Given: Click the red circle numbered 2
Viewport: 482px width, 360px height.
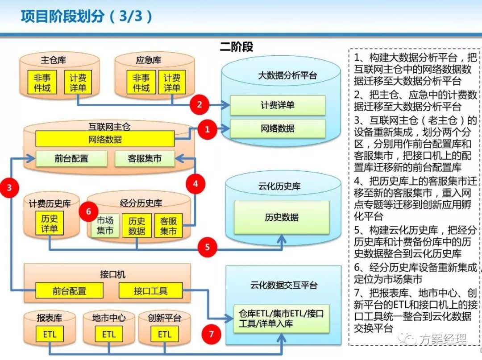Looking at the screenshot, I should pyautogui.click(x=199, y=105).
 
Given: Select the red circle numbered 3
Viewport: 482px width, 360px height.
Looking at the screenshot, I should pyautogui.click(x=9, y=188).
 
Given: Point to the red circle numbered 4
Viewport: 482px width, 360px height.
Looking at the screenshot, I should pyautogui.click(x=195, y=182).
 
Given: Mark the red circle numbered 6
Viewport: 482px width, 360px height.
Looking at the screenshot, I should pyautogui.click(x=88, y=212).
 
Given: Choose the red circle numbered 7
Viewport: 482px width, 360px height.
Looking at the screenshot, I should pyautogui.click(x=211, y=334).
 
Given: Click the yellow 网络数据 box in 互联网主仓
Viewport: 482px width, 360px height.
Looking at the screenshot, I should pyautogui.click(x=105, y=139).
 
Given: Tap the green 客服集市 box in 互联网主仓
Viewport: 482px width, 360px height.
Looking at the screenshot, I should pyautogui.click(x=145, y=158).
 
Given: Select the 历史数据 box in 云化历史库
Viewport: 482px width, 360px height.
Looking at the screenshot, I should pyautogui.click(x=281, y=218).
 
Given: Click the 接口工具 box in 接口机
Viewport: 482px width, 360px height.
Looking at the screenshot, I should pyautogui.click(x=150, y=291).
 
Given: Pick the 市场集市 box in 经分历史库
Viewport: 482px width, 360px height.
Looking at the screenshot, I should pyautogui.click(x=105, y=225).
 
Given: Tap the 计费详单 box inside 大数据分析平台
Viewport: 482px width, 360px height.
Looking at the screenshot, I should pyautogui.click(x=278, y=105).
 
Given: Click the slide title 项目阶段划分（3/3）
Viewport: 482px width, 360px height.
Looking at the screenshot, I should pyautogui.click(x=87, y=17).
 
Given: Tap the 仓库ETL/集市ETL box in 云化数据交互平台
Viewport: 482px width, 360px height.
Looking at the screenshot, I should pyautogui.click(x=281, y=319).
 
